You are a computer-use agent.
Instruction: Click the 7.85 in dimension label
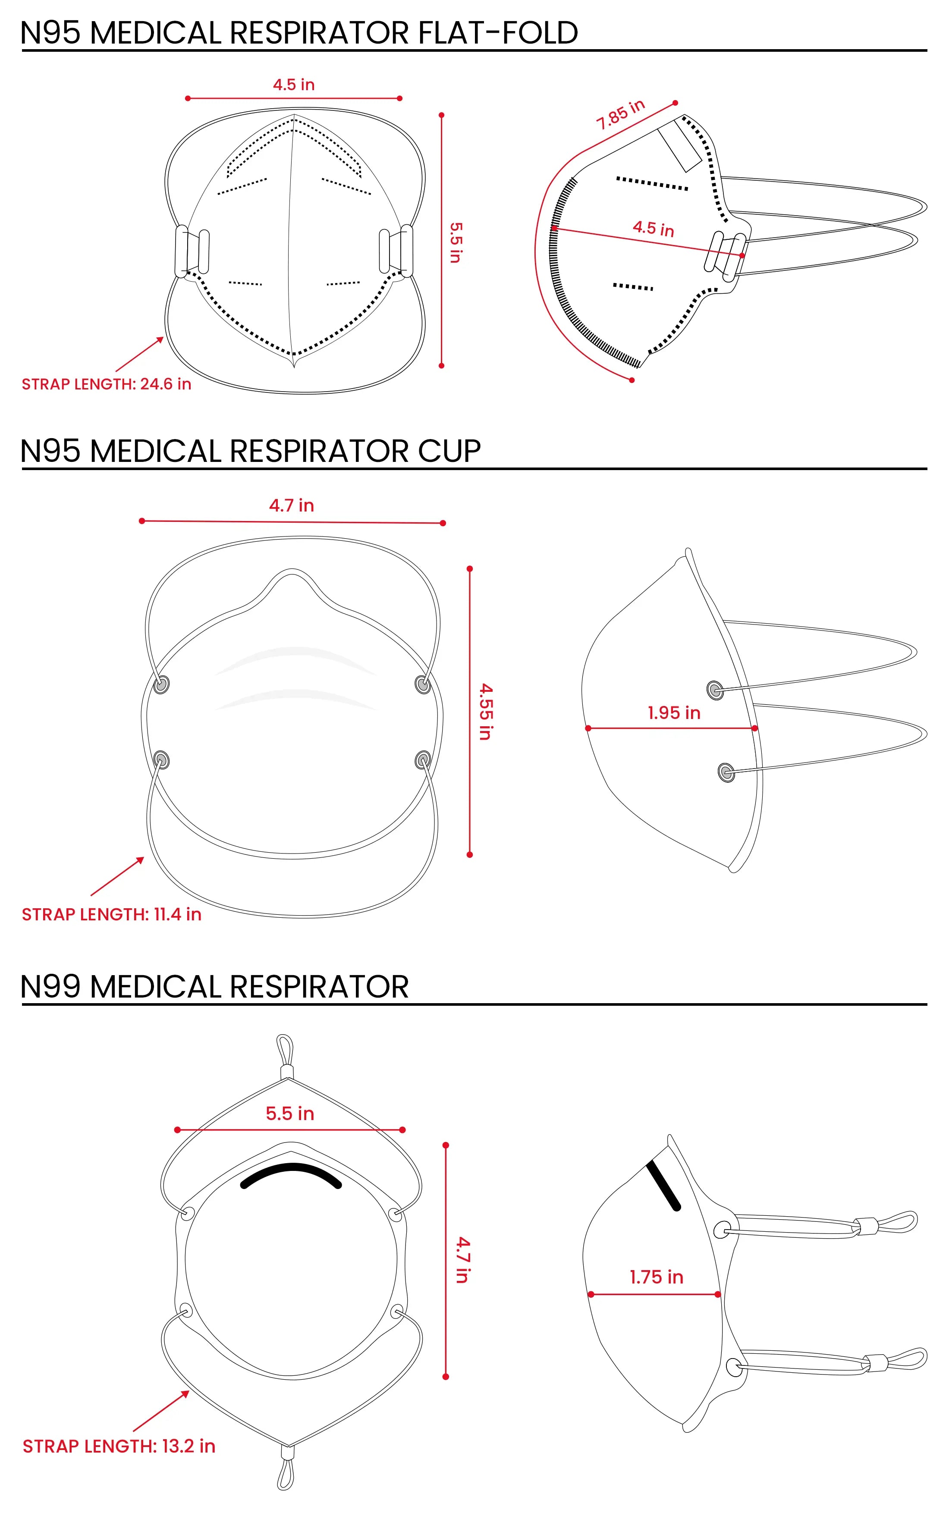[620, 114]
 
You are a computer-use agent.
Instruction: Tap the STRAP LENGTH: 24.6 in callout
[106, 384]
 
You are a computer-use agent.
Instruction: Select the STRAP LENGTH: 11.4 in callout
[111, 914]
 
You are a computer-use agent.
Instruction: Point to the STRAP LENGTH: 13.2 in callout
[119, 1446]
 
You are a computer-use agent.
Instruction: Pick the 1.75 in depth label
[656, 1277]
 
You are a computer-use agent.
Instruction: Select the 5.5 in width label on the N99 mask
[289, 1114]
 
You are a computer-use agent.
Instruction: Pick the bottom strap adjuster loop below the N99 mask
[286, 1473]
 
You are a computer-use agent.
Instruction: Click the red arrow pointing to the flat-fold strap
[139, 355]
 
